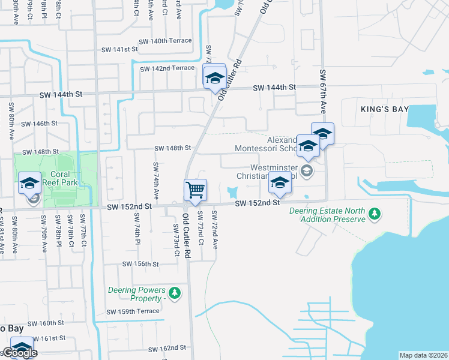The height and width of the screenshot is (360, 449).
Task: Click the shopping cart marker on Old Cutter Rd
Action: click(x=195, y=190)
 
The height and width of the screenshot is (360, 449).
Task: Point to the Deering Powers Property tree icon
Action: click(x=174, y=293)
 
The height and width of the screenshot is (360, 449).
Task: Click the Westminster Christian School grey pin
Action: click(x=307, y=171)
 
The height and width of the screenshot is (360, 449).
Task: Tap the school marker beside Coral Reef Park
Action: click(x=29, y=183)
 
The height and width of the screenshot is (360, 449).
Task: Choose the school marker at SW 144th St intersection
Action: click(x=214, y=77)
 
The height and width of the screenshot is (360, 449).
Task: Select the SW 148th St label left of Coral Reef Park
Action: click(x=40, y=152)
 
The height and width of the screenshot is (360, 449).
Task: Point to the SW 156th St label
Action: click(x=140, y=264)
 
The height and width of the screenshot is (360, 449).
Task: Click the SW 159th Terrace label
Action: click(x=133, y=311)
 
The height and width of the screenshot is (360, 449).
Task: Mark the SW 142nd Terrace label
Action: click(x=167, y=68)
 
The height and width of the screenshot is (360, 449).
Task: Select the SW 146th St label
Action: click(x=39, y=124)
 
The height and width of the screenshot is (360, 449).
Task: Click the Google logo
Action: click(x=19, y=353)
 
